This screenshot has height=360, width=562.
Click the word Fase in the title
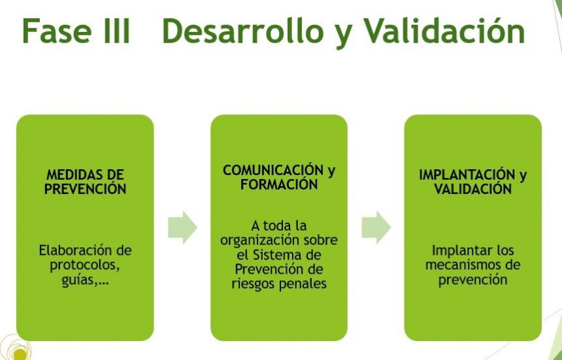click(57, 31)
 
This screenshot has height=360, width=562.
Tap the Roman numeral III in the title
click(116, 31)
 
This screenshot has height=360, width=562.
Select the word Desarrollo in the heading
click(243, 31)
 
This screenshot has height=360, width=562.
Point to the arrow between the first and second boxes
click(182, 227)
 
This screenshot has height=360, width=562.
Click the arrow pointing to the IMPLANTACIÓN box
click(376, 227)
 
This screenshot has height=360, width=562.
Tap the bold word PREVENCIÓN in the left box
click(86, 189)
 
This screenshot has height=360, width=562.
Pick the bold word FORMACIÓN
click(279, 184)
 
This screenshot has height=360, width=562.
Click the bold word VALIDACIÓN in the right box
click(472, 189)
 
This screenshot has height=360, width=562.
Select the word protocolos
click(84, 266)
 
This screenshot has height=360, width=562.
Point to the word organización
click(260, 240)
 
